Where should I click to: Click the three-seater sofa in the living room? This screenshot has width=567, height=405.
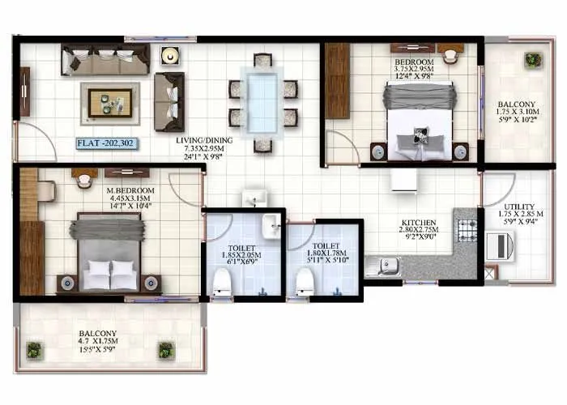pos(105,59)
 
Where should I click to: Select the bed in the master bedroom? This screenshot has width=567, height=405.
pos(109,250)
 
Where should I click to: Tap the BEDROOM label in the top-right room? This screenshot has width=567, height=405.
pos(414,62)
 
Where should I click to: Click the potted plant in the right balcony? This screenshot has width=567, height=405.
pos(532,60)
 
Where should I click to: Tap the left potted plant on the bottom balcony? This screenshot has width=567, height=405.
pos(33,350)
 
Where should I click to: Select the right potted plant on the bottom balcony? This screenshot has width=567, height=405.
pos(166,350)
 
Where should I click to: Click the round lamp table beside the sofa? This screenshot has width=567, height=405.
pos(168,56)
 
